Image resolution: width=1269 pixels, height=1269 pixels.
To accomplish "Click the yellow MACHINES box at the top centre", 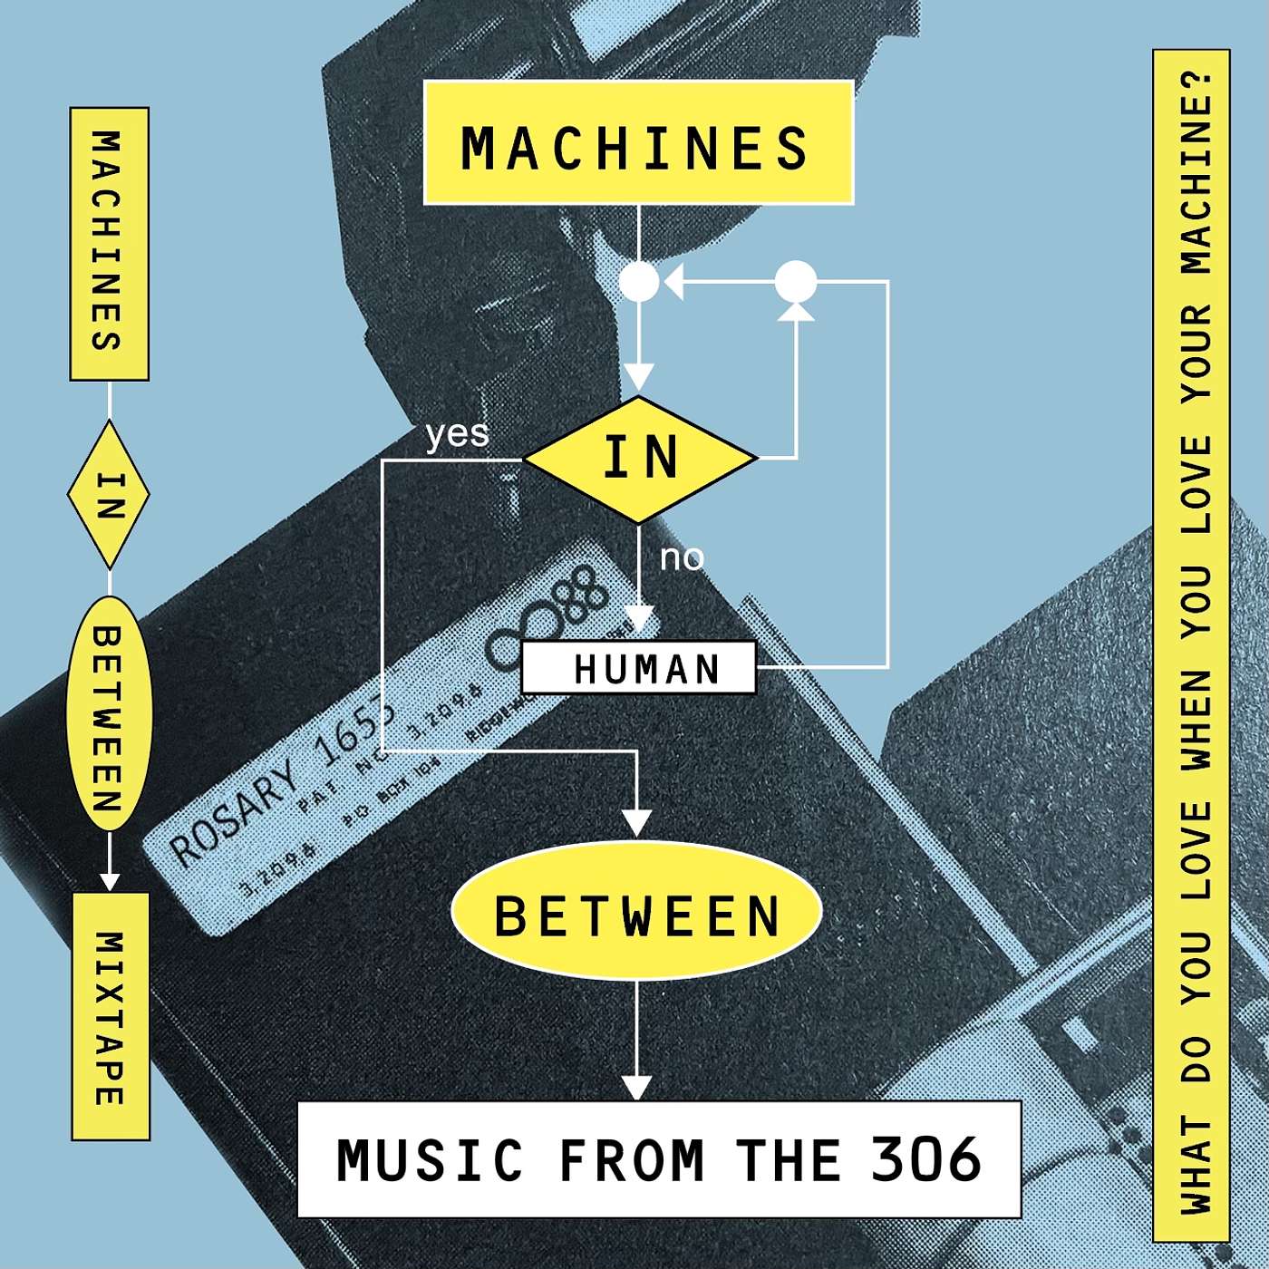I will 638,143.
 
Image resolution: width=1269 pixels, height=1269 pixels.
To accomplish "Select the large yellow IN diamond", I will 640,459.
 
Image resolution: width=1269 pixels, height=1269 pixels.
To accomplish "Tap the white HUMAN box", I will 639,668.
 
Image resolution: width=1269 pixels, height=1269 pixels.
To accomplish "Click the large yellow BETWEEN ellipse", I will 636,914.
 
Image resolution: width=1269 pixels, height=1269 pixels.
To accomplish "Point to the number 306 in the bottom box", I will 925,1158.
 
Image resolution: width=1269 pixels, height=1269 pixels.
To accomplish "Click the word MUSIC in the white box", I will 430,1159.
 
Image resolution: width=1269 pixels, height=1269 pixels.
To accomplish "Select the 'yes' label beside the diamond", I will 457,433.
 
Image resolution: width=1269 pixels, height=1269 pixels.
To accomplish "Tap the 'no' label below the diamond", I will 682,557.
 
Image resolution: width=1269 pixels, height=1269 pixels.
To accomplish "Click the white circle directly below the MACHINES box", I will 639,282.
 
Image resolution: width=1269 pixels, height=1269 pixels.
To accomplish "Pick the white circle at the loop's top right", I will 796,282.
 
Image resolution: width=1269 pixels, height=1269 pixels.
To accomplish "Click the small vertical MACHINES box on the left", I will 109,243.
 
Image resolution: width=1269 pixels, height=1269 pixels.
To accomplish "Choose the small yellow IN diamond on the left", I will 109,495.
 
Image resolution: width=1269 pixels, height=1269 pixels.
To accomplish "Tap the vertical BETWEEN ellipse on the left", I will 109,714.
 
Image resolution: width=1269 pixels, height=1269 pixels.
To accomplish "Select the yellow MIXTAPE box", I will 111,1016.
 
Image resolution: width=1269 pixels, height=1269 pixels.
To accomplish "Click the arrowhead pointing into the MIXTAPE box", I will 110,880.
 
